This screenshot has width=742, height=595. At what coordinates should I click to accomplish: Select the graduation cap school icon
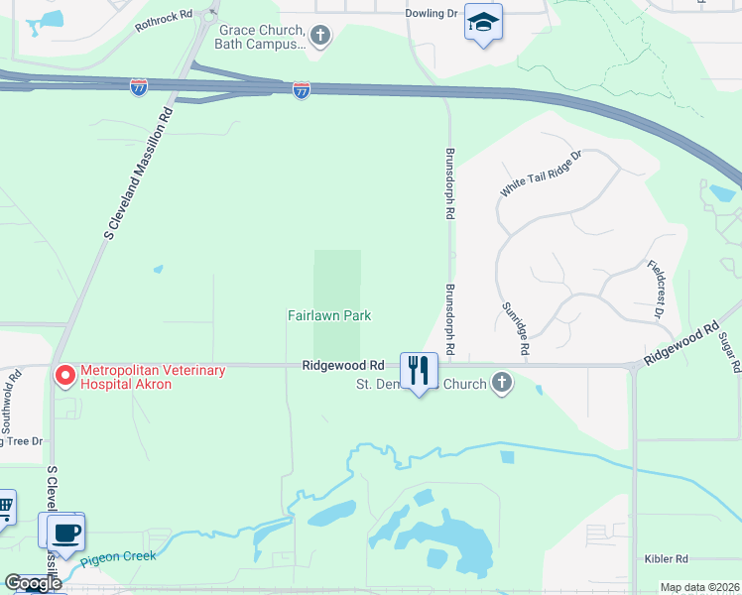coord(483,23)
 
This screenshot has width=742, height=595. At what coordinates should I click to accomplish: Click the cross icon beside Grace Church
coord(319,38)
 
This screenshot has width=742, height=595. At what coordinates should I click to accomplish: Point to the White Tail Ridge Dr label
coord(541,174)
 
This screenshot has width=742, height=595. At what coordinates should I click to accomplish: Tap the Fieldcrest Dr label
coord(657,289)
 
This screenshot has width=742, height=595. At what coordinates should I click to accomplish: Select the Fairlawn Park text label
coord(329,315)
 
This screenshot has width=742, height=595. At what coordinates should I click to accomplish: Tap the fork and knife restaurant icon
coord(419,371)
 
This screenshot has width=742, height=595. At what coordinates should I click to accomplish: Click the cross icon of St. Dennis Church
coord(503,384)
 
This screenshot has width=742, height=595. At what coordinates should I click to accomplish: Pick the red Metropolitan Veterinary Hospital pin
coord(65,375)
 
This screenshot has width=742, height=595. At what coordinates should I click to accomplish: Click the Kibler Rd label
coord(666,560)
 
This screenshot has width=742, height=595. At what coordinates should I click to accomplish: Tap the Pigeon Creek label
coord(118,557)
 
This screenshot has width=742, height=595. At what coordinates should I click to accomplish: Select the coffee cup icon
coord(66,532)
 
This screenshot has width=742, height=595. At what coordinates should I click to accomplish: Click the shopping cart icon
coord(4,508)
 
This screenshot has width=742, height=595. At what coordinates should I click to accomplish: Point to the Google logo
coord(33,583)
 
